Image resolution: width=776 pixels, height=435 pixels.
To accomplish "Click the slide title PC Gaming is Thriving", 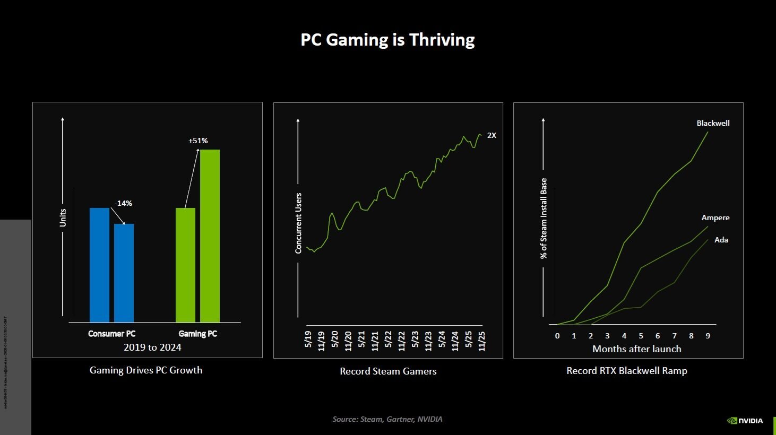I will click(x=387, y=40).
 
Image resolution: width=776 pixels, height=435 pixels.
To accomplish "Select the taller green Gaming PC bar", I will click(x=210, y=236).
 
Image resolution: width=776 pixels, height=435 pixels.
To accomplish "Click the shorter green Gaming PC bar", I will click(x=185, y=265).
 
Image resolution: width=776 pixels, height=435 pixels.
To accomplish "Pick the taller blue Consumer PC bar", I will click(x=99, y=265).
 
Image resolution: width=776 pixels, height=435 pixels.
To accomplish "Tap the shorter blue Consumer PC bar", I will click(x=124, y=273).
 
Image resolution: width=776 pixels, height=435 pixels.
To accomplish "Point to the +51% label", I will click(x=198, y=141).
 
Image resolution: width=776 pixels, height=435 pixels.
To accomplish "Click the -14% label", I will click(x=123, y=203).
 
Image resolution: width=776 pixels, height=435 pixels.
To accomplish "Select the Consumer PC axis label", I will click(x=111, y=334).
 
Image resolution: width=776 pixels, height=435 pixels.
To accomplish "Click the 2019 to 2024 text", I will click(x=152, y=347).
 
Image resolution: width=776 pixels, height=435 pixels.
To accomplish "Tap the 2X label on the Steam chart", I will click(x=492, y=135).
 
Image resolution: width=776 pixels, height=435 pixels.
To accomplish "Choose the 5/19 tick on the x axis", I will click(x=308, y=340).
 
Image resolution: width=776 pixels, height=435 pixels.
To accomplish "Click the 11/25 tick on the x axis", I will click(x=482, y=341).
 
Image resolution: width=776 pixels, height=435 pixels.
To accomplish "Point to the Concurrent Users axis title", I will click(x=298, y=223).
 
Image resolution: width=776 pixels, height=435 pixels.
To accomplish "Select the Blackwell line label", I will click(x=713, y=123).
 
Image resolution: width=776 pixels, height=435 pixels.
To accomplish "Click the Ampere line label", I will click(x=715, y=217).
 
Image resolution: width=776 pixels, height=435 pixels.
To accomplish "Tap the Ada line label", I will click(x=721, y=240).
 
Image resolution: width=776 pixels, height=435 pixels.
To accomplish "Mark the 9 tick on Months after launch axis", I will click(x=708, y=336).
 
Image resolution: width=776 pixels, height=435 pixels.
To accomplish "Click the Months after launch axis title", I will click(x=636, y=349).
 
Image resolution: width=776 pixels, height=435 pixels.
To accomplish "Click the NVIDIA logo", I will click(x=745, y=421).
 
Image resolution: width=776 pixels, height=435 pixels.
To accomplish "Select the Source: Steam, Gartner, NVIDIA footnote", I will click(x=387, y=419).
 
